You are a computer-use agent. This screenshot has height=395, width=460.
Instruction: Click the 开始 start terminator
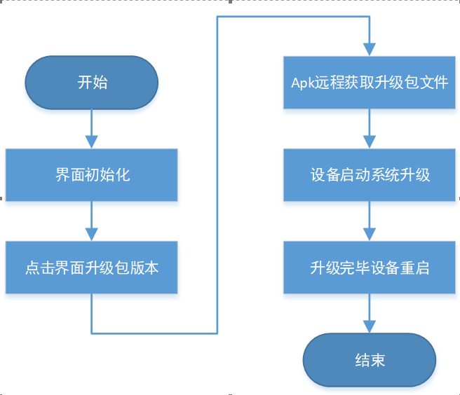[91, 83]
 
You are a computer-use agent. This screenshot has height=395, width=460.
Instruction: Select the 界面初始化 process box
[91, 174]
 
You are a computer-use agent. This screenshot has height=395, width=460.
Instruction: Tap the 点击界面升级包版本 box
[91, 268]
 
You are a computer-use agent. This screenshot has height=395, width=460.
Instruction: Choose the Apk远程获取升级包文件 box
[370, 82]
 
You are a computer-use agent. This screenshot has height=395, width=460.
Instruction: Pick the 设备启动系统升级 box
[370, 174]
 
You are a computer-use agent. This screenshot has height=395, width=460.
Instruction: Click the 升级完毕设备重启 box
[370, 268]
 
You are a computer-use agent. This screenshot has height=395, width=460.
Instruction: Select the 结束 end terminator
[370, 360]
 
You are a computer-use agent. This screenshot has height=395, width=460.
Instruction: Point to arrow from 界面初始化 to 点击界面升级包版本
[91, 221]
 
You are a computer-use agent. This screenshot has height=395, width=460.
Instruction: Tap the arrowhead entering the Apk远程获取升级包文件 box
[370, 49]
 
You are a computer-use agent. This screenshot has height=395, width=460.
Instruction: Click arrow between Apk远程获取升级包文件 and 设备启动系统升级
[370, 128]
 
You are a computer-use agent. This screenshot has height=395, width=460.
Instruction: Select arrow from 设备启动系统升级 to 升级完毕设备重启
[370, 221]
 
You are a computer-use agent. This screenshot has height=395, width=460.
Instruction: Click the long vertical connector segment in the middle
[217, 175]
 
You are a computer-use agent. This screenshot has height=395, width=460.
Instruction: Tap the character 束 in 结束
[378, 360]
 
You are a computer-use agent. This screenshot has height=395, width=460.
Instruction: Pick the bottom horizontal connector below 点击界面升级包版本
[154, 332]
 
